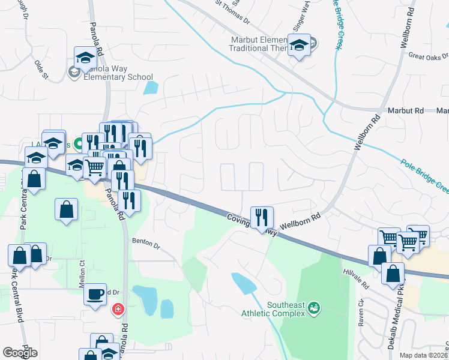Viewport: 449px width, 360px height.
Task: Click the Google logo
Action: [20, 353]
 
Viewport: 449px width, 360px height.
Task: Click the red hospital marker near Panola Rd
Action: [118, 309]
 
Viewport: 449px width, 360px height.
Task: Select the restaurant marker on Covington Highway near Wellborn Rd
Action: [261, 218]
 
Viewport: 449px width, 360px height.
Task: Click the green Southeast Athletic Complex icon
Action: [313, 308]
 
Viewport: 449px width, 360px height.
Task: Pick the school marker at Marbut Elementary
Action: [298, 46]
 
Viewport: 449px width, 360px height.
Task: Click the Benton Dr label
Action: [146, 245]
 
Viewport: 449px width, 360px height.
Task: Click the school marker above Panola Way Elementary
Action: [85, 58]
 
